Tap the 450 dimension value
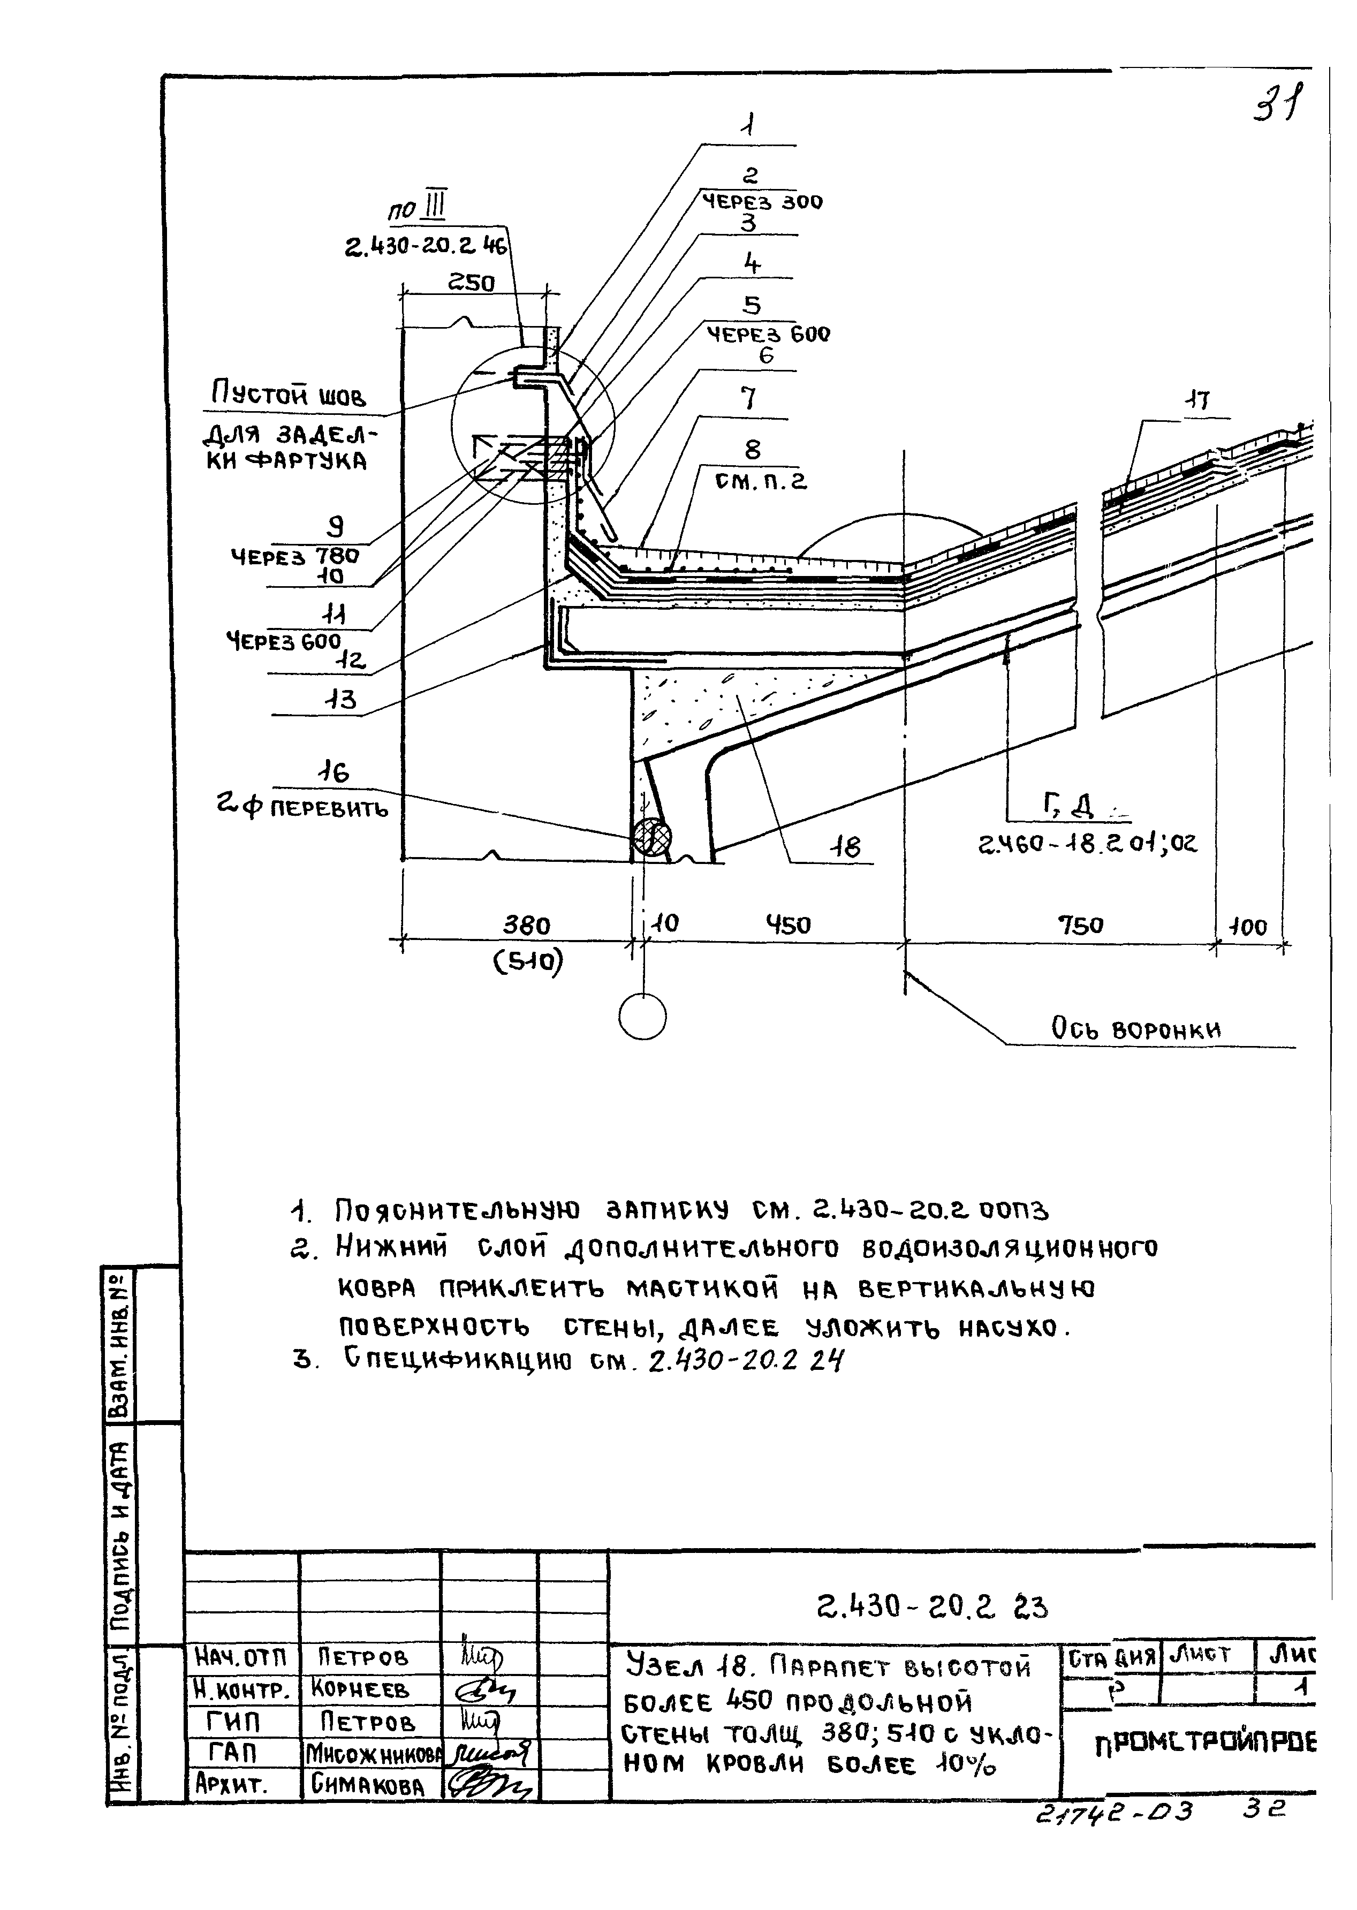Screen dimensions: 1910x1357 788,925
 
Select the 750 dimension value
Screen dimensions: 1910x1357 1080,925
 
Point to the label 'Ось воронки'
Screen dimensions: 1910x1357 1135,1029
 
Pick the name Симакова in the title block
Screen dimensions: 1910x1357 368,1785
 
